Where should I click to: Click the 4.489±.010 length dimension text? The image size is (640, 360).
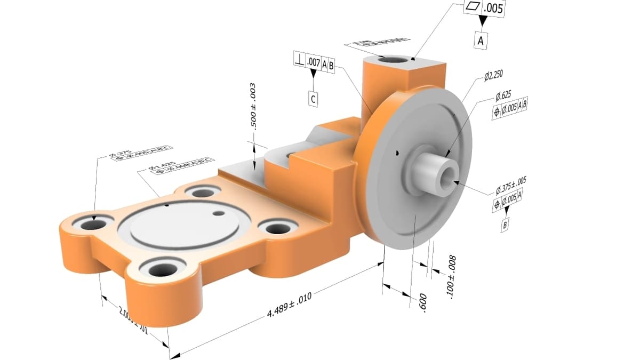(290, 305)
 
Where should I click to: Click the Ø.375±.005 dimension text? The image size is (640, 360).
(511, 187)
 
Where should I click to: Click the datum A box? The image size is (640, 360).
(481, 40)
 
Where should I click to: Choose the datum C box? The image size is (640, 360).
(313, 99)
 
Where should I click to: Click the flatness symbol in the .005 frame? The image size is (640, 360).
(472, 7)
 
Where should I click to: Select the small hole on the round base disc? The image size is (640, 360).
(218, 214)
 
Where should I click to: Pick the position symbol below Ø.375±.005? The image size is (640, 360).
(497, 203)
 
